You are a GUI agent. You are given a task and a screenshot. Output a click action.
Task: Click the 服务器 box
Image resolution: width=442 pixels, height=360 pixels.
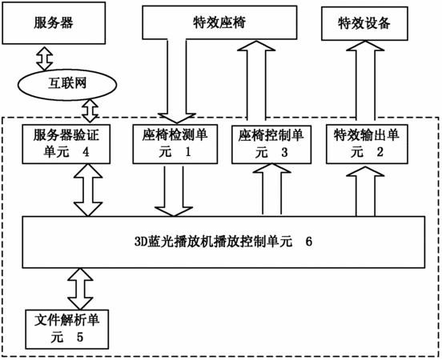click(54, 23)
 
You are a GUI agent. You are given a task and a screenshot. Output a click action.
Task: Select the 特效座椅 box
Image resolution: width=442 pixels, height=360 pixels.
click(219, 22)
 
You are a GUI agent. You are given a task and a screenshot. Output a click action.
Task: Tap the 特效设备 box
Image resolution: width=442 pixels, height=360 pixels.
click(365, 24)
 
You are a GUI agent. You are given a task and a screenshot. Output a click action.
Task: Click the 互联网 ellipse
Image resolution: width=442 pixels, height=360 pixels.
click(67, 84)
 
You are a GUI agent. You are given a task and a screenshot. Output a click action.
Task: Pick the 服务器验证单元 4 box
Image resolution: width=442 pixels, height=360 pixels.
click(66, 144)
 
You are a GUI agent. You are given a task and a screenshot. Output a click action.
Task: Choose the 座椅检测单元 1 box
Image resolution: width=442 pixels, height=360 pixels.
click(175, 144)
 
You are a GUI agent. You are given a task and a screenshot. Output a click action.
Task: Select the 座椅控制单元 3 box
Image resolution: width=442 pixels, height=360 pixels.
click(271, 144)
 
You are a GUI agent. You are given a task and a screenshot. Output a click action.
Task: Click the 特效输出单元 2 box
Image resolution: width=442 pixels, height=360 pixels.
click(367, 144)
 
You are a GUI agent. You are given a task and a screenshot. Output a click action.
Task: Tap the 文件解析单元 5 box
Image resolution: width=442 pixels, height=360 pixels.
click(67, 330)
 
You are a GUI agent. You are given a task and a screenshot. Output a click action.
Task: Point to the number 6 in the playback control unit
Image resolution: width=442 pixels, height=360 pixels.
click(309, 242)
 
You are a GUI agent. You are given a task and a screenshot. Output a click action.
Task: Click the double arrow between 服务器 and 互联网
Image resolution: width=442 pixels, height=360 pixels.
click(45, 58)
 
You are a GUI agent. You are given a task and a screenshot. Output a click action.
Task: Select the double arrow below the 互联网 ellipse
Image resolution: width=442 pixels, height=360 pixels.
click(90, 110)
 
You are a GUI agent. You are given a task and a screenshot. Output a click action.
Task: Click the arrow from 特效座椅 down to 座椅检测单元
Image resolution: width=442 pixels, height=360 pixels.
click(177, 81)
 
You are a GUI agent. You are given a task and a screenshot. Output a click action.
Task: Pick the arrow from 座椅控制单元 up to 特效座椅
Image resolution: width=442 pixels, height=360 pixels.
click(256, 80)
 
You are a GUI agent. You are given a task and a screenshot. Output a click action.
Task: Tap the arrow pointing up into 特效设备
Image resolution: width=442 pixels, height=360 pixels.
click(365, 80)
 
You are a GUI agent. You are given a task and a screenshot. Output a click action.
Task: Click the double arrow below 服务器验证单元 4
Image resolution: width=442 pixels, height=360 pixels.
click(88, 190)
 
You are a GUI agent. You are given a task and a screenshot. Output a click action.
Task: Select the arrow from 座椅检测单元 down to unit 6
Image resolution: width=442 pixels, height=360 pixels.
click(174, 191)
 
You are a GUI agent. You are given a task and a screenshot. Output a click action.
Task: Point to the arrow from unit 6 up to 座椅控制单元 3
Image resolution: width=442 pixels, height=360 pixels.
click(271, 189)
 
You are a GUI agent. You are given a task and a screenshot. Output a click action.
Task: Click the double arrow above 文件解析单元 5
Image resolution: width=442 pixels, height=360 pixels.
click(80, 289)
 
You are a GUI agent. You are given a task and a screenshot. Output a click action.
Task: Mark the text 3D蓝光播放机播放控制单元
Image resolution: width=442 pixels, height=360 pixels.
click(213, 242)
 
